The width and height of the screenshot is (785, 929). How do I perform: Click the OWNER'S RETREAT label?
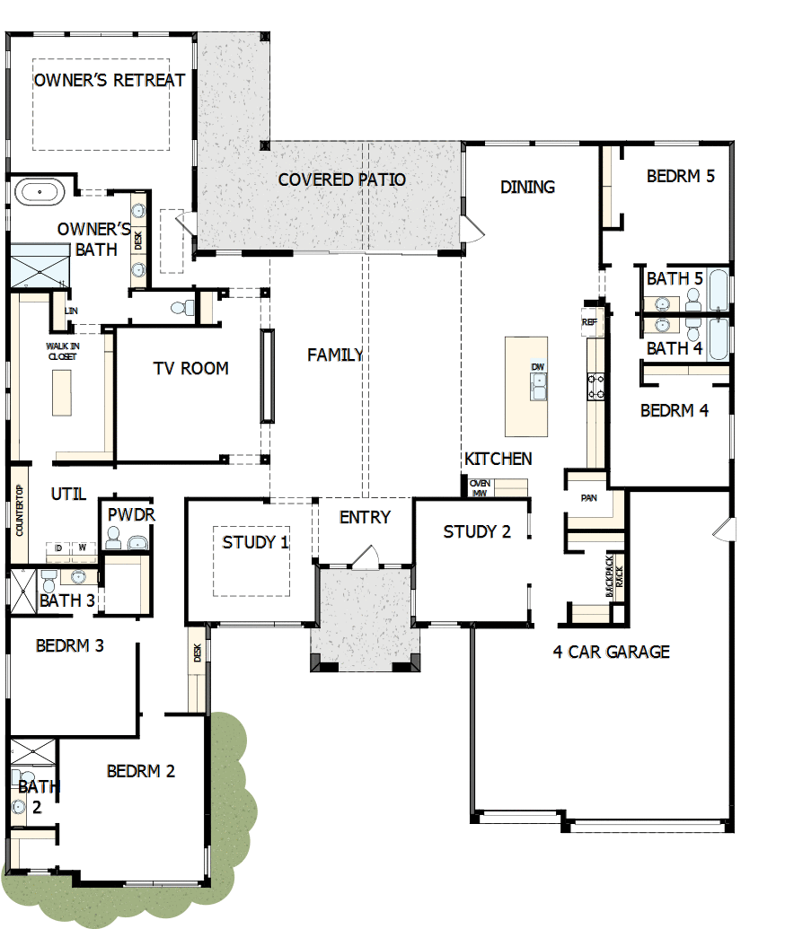coord(110,80)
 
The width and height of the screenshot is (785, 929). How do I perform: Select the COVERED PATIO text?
coord(341,180)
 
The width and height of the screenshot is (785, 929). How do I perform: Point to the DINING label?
coord(527,187)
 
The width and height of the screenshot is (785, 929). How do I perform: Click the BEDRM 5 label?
coord(680,176)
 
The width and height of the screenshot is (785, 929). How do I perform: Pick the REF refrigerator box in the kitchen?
coord(589,321)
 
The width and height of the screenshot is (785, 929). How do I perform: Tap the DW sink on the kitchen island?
coord(538,382)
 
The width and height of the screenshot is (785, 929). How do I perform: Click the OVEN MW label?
coord(478,487)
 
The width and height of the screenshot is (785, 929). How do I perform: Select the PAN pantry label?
coord(589,497)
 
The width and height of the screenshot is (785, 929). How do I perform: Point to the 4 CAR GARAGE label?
coord(611,652)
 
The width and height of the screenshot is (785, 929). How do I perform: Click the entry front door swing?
coord(366,558)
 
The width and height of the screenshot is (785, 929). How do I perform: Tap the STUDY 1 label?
coord(256,542)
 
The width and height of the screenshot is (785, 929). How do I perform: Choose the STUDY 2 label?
coord(477,532)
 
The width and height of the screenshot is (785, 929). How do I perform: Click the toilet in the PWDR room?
coord(113,539)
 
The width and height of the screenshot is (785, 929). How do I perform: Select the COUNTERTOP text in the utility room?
coord(19,513)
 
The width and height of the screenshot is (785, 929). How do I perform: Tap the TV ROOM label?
coord(190,368)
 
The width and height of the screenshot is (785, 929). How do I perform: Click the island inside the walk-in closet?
coord(62,392)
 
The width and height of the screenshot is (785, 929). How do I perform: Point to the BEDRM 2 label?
coord(140,771)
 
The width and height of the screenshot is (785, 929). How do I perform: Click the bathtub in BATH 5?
coord(719,288)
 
